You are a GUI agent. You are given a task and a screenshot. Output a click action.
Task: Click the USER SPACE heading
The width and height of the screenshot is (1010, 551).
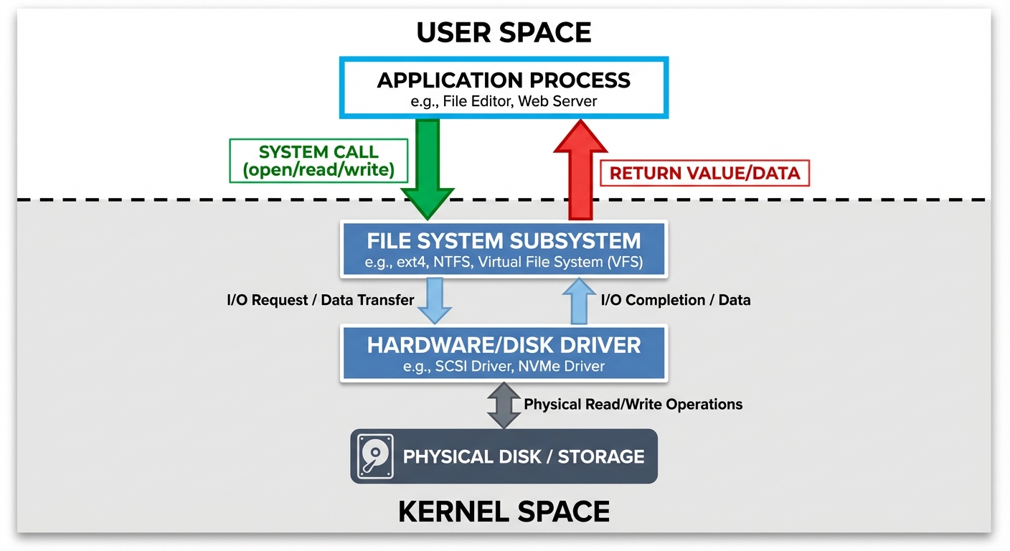tap(504, 32)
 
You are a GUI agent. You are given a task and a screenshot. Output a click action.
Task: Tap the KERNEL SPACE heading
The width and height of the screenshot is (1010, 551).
tap(504, 511)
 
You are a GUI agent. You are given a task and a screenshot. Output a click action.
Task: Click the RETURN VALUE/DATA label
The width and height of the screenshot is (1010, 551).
tap(704, 173)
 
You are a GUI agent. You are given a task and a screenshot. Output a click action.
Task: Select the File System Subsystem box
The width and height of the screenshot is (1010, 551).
tap(504, 250)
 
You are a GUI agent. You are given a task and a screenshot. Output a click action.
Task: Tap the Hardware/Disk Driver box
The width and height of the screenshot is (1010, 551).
tap(504, 352)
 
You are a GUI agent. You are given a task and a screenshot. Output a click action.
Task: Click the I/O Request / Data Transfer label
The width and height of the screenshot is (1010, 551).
tap(321, 300)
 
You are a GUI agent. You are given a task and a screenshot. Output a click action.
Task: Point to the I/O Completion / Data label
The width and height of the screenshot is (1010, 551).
tap(676, 300)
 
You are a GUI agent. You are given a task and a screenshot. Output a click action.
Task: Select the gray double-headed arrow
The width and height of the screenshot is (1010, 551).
tap(504, 405)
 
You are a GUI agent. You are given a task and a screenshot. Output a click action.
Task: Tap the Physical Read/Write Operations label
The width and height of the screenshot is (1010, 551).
tap(633, 405)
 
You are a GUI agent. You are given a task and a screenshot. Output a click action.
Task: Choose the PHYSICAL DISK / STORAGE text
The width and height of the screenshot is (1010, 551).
tap(524, 456)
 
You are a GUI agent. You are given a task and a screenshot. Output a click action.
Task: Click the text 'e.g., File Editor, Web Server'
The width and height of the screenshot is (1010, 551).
tap(504, 102)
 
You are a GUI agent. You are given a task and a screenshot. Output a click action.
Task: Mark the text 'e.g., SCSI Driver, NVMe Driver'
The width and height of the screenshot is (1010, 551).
tap(504, 367)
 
